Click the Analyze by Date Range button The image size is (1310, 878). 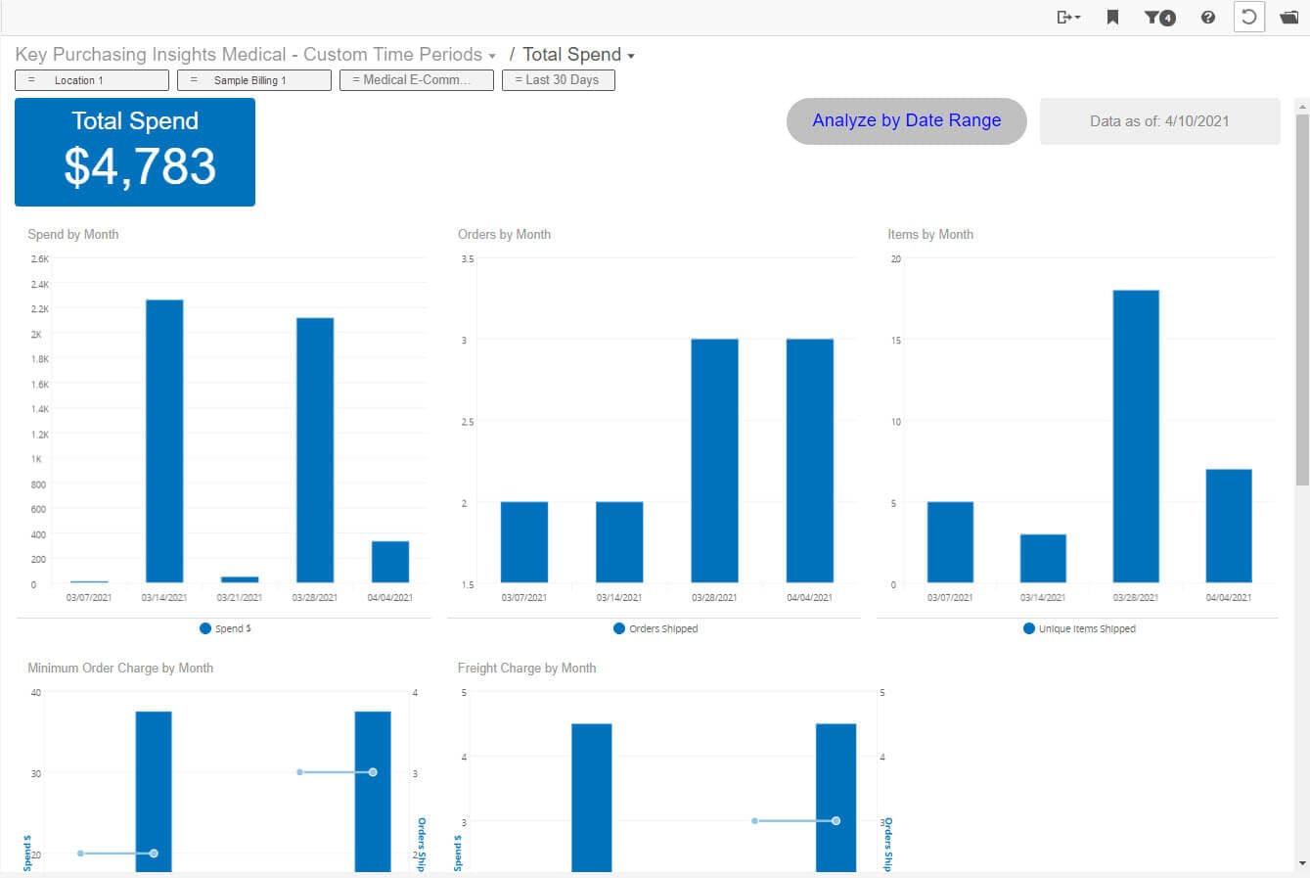pos(906,121)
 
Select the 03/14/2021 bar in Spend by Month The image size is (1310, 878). pos(164,440)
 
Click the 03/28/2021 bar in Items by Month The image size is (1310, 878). pos(1136,437)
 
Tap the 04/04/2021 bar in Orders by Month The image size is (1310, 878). pos(810,460)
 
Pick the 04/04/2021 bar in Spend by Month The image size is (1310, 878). pos(390,562)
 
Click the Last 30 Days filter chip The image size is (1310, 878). pos(558,80)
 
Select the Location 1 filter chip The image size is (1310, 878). pos(91,80)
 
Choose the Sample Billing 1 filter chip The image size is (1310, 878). pos(253,80)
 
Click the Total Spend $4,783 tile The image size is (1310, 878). pos(135,152)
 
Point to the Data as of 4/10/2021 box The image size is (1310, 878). pos(1159,121)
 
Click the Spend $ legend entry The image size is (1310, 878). pos(226,628)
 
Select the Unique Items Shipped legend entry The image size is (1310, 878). pos(1080,628)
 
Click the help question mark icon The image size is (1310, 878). pos(1208,17)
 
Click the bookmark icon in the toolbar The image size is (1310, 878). pos(1112,17)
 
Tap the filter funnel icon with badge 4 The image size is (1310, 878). pos(1159,17)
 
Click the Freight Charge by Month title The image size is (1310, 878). pos(526,668)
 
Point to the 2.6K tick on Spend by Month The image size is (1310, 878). pos(39,259)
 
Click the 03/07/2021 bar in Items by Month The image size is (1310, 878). pos(950,542)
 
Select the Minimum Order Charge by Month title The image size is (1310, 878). pos(120,668)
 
